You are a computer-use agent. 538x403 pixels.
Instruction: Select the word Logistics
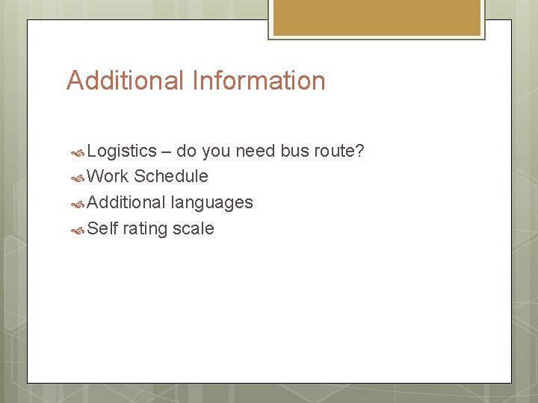tap(122, 151)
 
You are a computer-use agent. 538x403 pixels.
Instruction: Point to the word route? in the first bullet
tap(339, 151)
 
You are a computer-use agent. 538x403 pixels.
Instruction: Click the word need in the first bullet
tap(256, 151)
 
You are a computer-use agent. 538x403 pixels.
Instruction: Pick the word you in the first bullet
tap(216, 151)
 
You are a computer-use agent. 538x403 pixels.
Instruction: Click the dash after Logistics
tap(167, 151)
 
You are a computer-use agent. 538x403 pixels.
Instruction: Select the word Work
tap(108, 177)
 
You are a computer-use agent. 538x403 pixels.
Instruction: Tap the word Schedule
tap(171, 177)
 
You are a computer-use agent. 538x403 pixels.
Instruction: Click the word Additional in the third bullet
tap(126, 203)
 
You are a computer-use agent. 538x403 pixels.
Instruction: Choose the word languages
tap(212, 203)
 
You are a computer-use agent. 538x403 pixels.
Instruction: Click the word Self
tap(102, 229)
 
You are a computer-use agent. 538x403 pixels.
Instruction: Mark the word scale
tap(194, 229)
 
